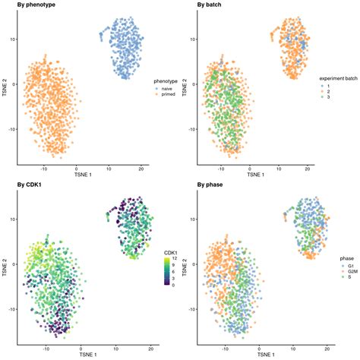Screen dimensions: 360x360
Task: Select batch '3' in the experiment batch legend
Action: (x=327, y=98)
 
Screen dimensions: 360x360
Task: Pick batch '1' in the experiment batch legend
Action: (x=327, y=84)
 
